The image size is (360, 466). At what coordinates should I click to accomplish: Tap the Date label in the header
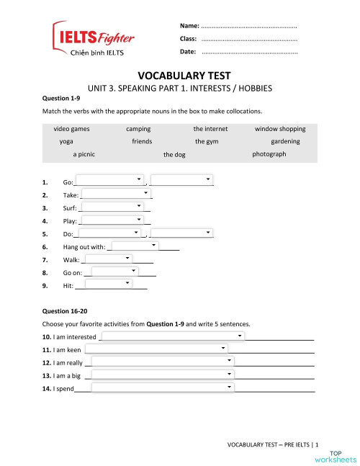point(189,53)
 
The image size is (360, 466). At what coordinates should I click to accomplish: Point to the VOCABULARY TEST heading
point(179,75)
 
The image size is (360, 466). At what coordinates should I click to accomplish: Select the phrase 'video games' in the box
point(71,129)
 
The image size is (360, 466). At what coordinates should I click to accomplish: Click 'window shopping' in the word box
point(260,129)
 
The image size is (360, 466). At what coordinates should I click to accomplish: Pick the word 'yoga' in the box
point(67,141)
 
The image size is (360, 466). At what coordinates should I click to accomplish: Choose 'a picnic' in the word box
point(89,154)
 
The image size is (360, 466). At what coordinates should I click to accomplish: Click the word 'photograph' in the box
point(269,154)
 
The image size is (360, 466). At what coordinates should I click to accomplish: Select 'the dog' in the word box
point(175,155)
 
